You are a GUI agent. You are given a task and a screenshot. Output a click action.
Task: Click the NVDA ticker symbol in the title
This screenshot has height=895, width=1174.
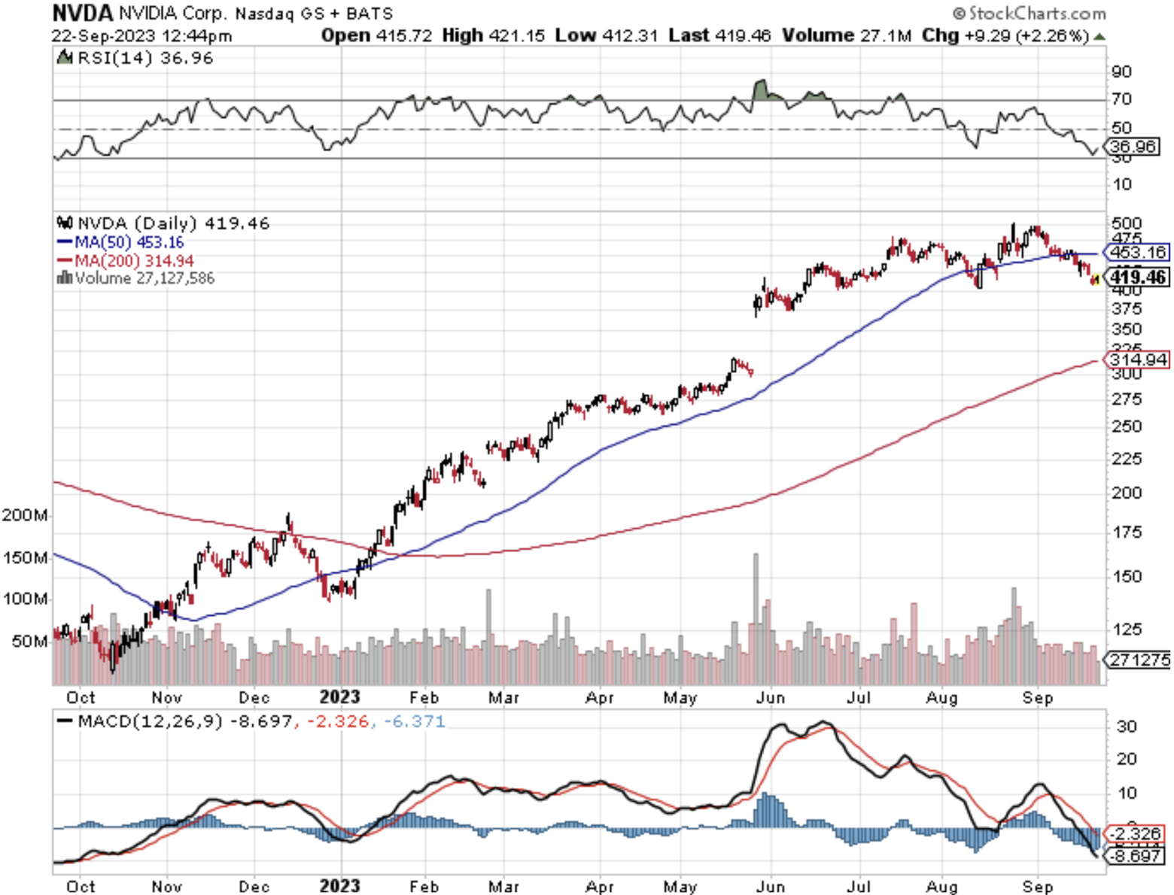(x=83, y=13)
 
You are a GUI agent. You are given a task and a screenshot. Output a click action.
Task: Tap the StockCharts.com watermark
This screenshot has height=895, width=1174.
(x=1030, y=14)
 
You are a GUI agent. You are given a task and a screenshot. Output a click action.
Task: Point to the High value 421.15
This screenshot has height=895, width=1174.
(x=516, y=35)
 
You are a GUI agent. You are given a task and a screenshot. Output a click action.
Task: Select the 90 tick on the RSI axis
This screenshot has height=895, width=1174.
(x=1121, y=71)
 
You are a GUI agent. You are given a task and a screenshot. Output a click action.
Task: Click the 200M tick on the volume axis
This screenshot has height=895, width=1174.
(x=25, y=515)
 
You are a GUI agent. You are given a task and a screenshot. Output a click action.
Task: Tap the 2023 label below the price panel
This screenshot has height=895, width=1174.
(x=339, y=697)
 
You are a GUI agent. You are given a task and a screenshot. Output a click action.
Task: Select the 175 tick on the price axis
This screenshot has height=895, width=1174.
(x=1126, y=532)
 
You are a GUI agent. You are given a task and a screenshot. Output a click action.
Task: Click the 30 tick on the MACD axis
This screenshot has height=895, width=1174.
(x=1126, y=727)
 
